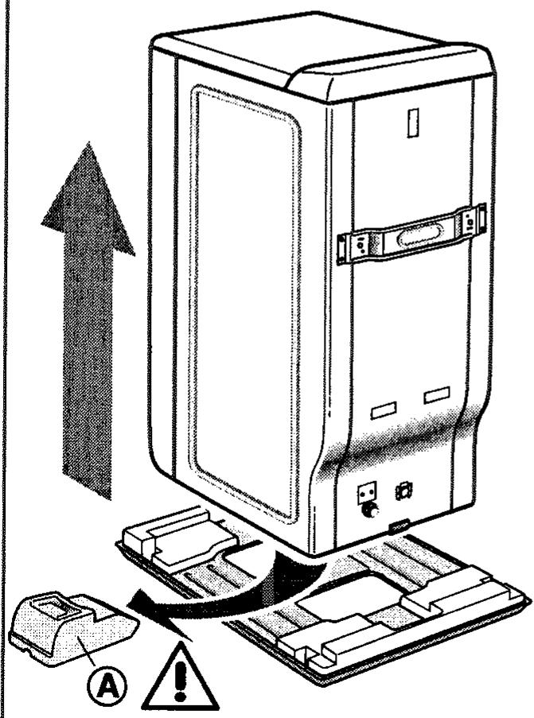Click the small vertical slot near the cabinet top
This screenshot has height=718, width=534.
(x=412, y=124)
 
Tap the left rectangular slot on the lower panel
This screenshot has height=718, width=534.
(x=384, y=410)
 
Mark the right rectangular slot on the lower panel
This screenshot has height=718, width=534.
(x=436, y=394)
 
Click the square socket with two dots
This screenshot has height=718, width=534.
(x=367, y=493)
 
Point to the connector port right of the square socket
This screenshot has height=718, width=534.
(x=404, y=490)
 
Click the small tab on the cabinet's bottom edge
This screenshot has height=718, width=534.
(x=400, y=527)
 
